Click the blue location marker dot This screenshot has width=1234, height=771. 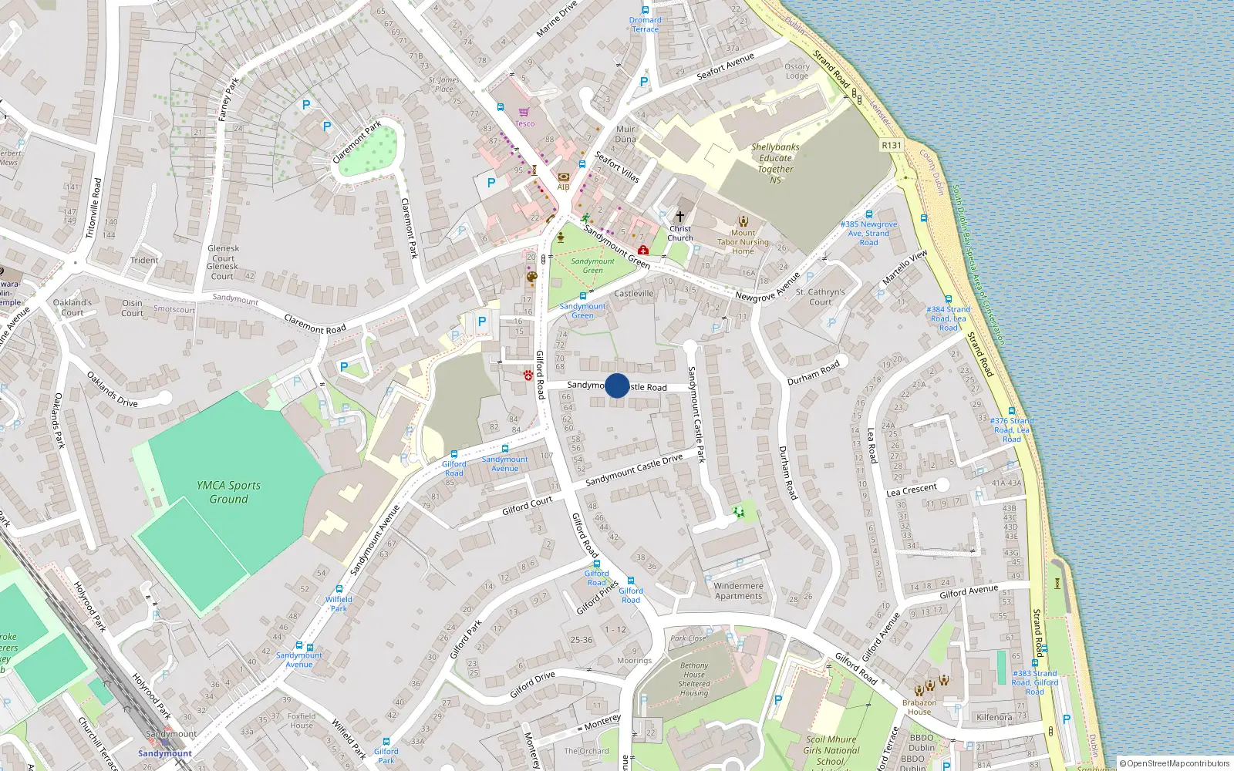pyautogui.click(x=617, y=385)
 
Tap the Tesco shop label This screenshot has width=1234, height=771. pyautogui.click(x=524, y=123)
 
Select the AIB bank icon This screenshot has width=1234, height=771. pyautogui.click(x=563, y=177)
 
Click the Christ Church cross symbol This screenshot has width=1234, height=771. pyautogui.click(x=679, y=217)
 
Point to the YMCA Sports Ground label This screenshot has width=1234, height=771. pyautogui.click(x=228, y=492)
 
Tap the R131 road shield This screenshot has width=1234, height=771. pyautogui.click(x=891, y=145)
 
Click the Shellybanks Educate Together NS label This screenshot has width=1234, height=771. pyautogui.click(x=775, y=163)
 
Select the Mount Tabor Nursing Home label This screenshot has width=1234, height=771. pyautogui.click(x=743, y=241)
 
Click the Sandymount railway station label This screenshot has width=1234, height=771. pyautogui.click(x=165, y=753)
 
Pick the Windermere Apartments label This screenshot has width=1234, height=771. pyautogui.click(x=738, y=591)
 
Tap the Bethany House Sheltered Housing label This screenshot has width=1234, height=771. pyautogui.click(x=694, y=678)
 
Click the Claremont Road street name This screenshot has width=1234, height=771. pyautogui.click(x=315, y=324)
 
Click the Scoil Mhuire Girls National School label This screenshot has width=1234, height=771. pyautogui.click(x=831, y=750)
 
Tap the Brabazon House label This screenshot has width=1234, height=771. pyautogui.click(x=919, y=707)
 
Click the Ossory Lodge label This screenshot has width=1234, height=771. pyautogui.click(x=797, y=71)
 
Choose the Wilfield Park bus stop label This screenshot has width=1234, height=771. pyautogui.click(x=339, y=604)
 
